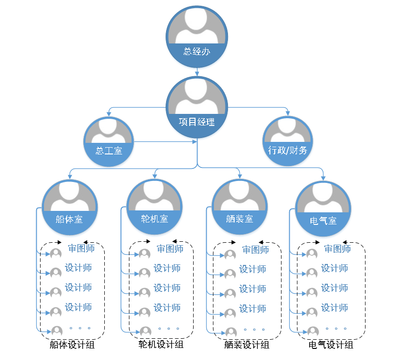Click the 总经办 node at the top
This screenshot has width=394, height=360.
[x=197, y=36]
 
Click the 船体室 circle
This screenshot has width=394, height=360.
[x=70, y=208]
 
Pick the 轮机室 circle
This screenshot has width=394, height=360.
[x=155, y=208]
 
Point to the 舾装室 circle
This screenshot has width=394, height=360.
[x=239, y=208]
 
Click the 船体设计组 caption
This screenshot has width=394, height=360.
[x=72, y=345]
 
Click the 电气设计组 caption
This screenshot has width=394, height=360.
[x=331, y=345]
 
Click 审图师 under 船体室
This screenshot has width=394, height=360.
[x=81, y=249]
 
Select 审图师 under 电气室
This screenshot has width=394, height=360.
[x=337, y=249]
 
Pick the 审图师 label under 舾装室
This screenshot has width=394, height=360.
[x=255, y=249]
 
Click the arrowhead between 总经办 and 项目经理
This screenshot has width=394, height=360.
[x=197, y=73]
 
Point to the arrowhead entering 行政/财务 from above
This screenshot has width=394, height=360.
[x=288, y=114]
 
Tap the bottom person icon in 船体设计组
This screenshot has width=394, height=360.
[x=57, y=331]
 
